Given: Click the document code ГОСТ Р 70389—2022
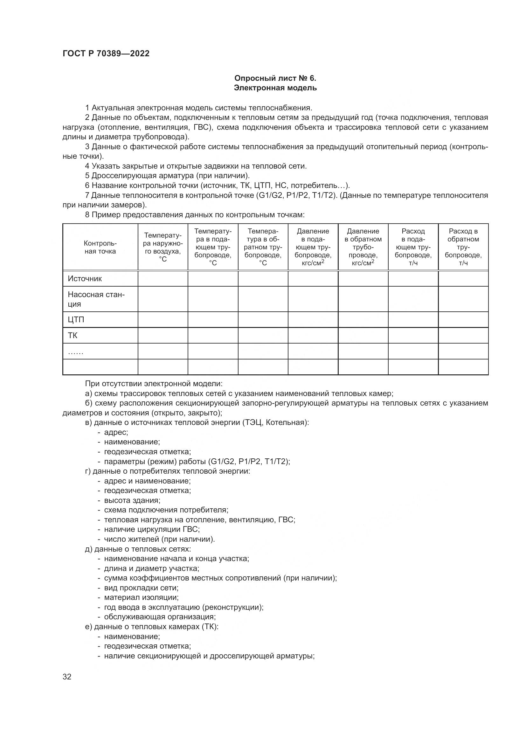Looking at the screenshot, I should (x=106, y=54).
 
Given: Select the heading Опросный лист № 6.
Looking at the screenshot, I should (x=275, y=78).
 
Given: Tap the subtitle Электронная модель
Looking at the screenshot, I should (x=275, y=88).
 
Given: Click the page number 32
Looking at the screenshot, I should (x=67, y=677).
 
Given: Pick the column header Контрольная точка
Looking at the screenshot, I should (x=100, y=247).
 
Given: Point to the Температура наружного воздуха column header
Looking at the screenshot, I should (x=163, y=247).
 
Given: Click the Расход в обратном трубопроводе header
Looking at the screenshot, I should (x=463, y=247).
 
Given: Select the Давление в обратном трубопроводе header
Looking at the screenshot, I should (x=363, y=247).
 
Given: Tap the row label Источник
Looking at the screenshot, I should (x=85, y=279).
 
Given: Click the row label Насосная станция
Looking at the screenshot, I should (x=96, y=299).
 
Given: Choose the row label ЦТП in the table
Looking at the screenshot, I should (x=76, y=319).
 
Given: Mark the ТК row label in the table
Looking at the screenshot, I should (x=73, y=335).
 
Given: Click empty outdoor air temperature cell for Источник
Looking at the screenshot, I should (x=163, y=279).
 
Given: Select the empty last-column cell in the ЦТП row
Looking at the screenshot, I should (x=463, y=319).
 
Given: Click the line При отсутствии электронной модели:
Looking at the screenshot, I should (x=154, y=384).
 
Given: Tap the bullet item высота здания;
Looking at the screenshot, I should (x=132, y=500).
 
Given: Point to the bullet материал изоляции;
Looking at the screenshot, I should (x=141, y=597).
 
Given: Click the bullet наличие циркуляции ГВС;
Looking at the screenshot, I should (x=152, y=530).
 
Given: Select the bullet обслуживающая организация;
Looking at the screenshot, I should (x=160, y=617).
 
